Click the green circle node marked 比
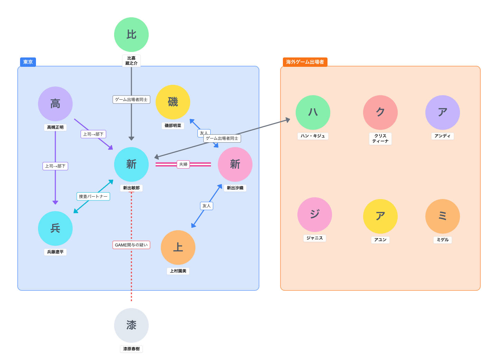[131, 35]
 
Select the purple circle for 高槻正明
[55, 104]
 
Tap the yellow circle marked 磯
[173, 102]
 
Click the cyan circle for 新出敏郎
[131, 164]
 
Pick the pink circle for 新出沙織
[235, 164]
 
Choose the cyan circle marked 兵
[55, 228]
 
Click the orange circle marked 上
[178, 247]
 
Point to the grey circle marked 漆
[131, 325]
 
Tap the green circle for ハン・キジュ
[313, 112]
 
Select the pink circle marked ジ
[315, 215]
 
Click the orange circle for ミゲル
[442, 216]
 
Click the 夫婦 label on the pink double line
[183, 164]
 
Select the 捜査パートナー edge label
[93, 197]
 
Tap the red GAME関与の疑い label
[131, 245]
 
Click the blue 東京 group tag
[28, 62]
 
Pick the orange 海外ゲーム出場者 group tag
[305, 62]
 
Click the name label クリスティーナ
[380, 138]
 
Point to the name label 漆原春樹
[131, 349]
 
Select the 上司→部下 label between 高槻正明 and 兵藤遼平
[55, 166]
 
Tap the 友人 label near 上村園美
[206, 206]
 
